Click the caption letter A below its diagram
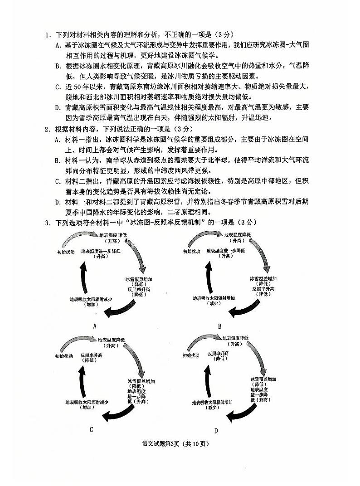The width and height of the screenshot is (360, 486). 95,326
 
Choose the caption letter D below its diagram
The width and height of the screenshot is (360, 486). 216,430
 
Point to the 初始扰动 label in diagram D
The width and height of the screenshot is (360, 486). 190,356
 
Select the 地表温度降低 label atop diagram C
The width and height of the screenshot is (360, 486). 112,339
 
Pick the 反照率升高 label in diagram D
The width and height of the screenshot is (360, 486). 219,353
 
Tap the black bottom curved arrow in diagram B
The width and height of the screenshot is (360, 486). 245,309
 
